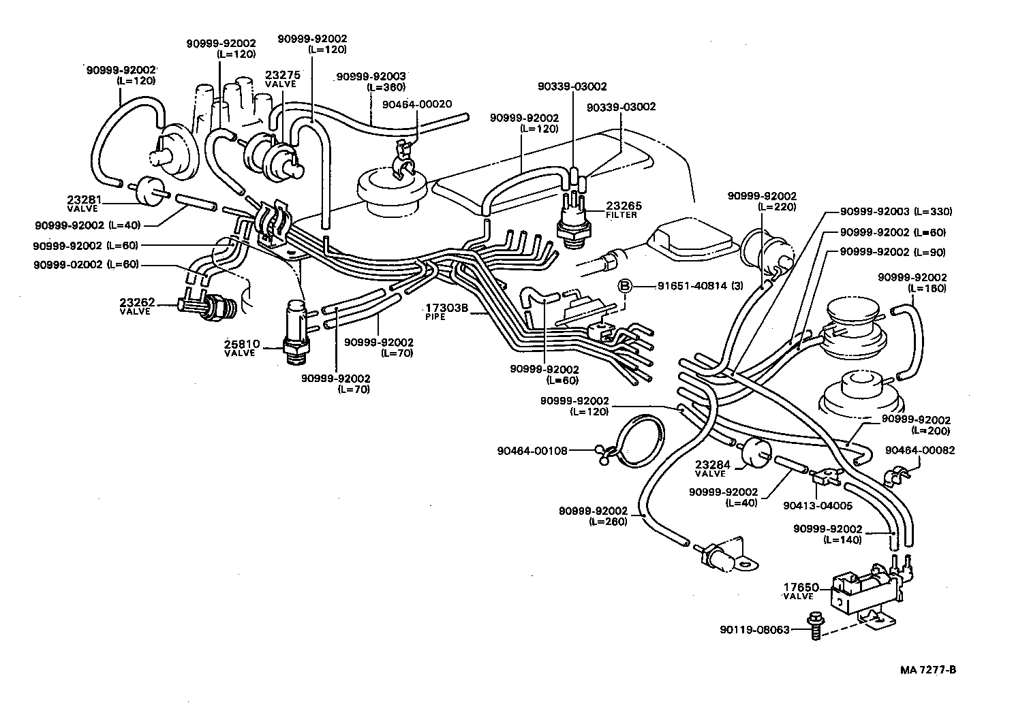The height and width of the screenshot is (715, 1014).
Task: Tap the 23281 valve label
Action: pyautogui.click(x=84, y=204)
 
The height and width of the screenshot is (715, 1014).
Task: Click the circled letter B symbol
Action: pyautogui.click(x=625, y=286)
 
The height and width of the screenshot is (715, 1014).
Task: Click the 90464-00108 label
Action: pyautogui.click(x=532, y=449)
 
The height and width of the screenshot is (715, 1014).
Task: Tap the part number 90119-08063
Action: pyautogui.click(x=754, y=630)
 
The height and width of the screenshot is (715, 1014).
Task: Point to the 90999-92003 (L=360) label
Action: pyautogui.click(x=371, y=81)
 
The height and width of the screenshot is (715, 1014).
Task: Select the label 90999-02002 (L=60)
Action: pyautogui.click(x=86, y=264)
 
